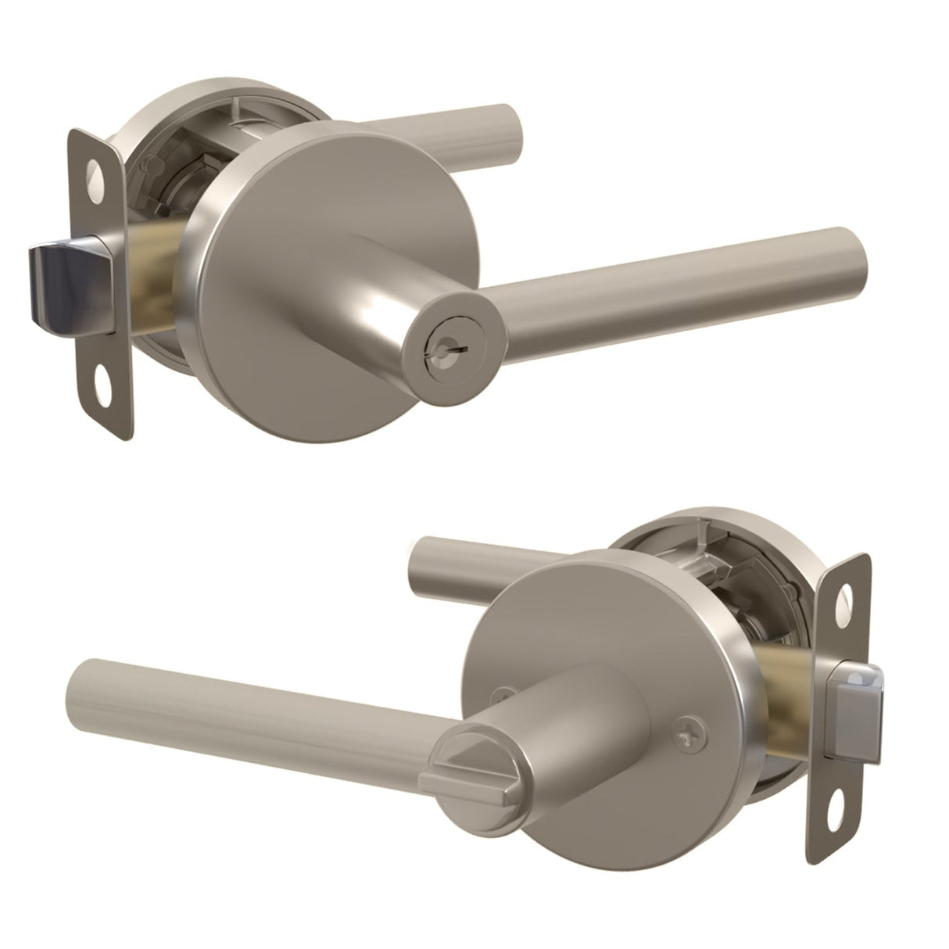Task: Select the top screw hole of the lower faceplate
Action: pos(847,599)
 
